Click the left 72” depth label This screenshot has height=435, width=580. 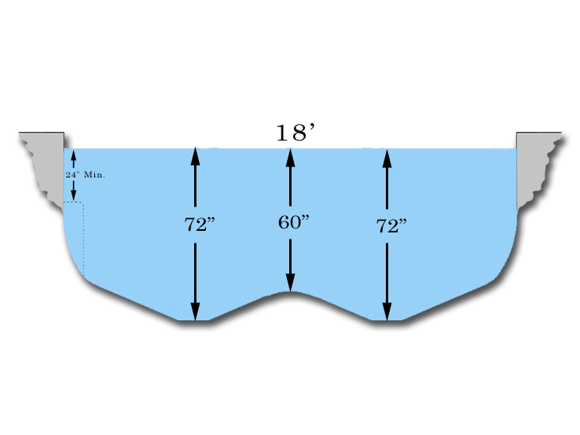(x=200, y=225)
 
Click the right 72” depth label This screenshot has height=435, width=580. (x=391, y=227)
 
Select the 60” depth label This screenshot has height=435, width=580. (x=294, y=222)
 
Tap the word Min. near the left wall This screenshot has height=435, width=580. (x=94, y=175)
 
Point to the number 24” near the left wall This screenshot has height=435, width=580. (x=72, y=175)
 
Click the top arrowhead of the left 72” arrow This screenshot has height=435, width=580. (x=196, y=156)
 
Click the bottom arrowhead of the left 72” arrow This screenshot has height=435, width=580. (x=196, y=312)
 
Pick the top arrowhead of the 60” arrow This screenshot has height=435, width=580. (x=290, y=156)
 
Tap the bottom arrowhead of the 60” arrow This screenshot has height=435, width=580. (x=290, y=283)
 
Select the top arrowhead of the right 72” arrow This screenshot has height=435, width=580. (x=387, y=157)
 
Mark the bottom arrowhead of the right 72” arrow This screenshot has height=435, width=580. (x=387, y=312)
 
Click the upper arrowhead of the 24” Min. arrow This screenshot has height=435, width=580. (x=74, y=154)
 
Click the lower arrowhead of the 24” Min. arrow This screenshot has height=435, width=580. (x=74, y=195)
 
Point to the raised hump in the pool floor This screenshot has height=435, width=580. (x=290, y=294)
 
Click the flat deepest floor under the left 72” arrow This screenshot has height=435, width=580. (x=193, y=320)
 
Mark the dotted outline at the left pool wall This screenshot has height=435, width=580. (x=83, y=236)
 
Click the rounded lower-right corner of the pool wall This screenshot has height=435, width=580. (x=506, y=263)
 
